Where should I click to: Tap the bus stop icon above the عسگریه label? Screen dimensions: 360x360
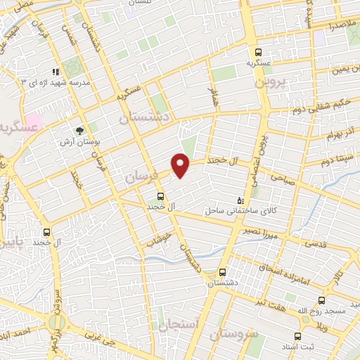pos(259,51)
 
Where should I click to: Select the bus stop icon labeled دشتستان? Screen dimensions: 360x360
pos(223,272)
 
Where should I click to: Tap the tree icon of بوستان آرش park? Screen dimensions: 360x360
pos(79,131)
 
